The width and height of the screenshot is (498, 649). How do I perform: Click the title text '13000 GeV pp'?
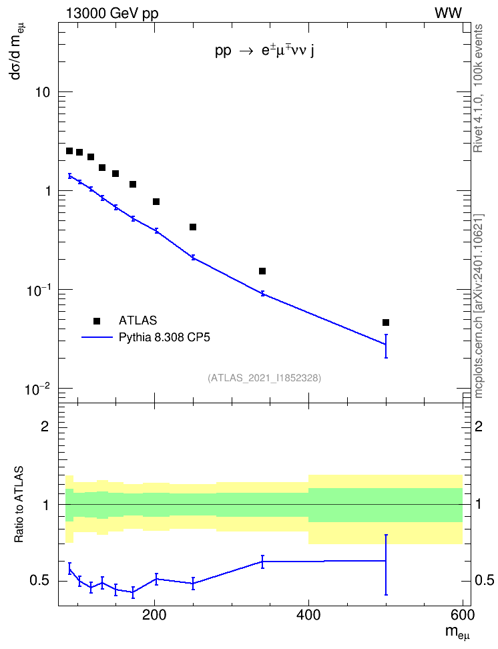(x=112, y=14)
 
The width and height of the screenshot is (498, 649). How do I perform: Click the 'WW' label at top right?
(x=449, y=13)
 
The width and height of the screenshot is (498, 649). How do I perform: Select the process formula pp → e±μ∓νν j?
(x=264, y=51)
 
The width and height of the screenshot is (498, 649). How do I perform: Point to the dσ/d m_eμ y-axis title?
(x=17, y=55)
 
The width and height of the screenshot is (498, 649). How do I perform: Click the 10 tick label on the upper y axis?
(x=42, y=92)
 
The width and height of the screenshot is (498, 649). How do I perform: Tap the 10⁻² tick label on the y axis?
(x=38, y=389)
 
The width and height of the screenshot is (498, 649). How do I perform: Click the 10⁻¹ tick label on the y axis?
(x=38, y=290)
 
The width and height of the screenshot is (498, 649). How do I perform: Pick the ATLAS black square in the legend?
(x=97, y=320)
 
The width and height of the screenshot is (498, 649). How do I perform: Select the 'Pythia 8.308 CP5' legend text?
(x=164, y=337)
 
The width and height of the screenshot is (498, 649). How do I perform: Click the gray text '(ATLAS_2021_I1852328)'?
(x=264, y=377)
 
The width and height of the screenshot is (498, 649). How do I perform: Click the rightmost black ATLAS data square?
(x=386, y=322)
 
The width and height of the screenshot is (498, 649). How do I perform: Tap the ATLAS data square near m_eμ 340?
(x=262, y=271)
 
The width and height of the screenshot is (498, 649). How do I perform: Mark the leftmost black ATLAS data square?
(x=69, y=151)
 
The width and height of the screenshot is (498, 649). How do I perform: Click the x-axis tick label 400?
(x=308, y=615)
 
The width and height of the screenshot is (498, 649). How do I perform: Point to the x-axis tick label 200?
(x=154, y=615)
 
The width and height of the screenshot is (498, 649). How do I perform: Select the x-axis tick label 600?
(x=463, y=615)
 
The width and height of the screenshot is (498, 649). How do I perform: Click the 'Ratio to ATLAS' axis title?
(x=19, y=505)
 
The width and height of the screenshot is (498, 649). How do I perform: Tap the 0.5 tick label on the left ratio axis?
(x=39, y=581)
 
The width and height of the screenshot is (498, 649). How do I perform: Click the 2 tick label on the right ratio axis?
(x=479, y=426)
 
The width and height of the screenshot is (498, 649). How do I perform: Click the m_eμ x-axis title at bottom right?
(x=457, y=632)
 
